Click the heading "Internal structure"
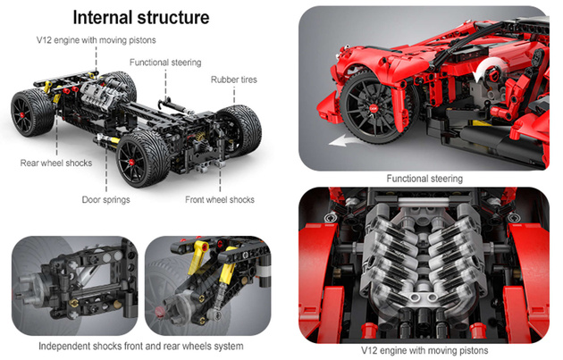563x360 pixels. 140,17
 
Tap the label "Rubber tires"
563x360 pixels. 233,80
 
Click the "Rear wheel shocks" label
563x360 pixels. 55,163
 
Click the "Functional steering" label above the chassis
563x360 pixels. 165,63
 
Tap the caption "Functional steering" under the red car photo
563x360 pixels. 424,179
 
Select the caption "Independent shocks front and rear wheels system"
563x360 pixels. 140,346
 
